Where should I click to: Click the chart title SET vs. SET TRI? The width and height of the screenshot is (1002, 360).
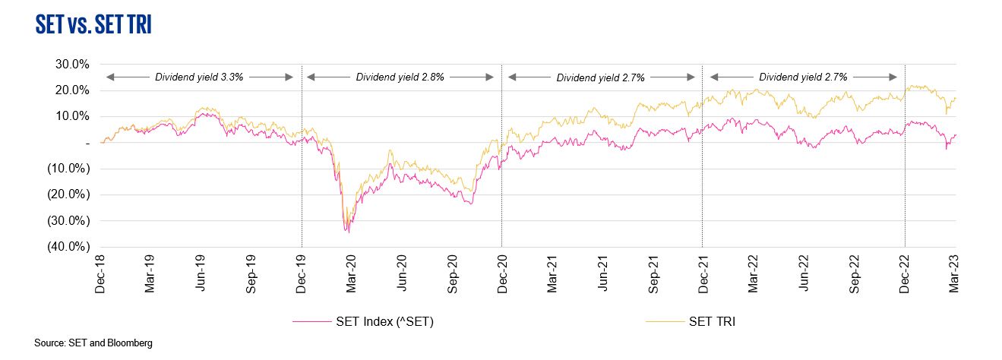tap(93, 25)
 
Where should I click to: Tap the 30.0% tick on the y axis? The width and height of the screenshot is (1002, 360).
tap(73, 64)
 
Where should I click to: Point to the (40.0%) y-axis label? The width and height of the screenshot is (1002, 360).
tap(70, 247)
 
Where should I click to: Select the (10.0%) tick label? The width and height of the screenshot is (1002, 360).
tap(70, 169)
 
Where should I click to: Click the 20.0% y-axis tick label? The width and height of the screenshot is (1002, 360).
tap(73, 90)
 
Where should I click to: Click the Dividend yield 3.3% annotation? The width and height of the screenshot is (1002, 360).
tap(199, 77)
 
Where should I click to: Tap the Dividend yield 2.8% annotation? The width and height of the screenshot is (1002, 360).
tap(400, 77)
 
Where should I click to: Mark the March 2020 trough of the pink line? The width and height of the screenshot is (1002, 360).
tap(348, 232)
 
